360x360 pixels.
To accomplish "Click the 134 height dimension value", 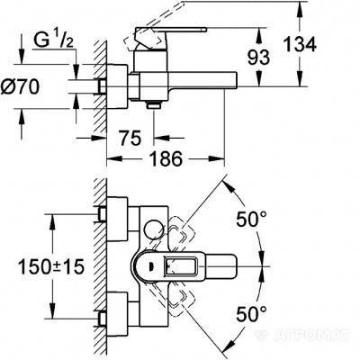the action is (300, 45).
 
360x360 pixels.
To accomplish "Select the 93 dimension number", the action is (258, 57).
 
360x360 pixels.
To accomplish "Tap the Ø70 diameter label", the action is (20, 87).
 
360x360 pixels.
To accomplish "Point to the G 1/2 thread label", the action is (53, 40).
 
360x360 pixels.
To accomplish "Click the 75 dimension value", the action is (130, 138).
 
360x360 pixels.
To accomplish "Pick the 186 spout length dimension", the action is (166, 158).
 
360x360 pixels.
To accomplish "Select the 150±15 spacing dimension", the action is (51, 266).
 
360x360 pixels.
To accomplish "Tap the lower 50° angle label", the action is (251, 314).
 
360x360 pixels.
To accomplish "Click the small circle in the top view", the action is (153, 231).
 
